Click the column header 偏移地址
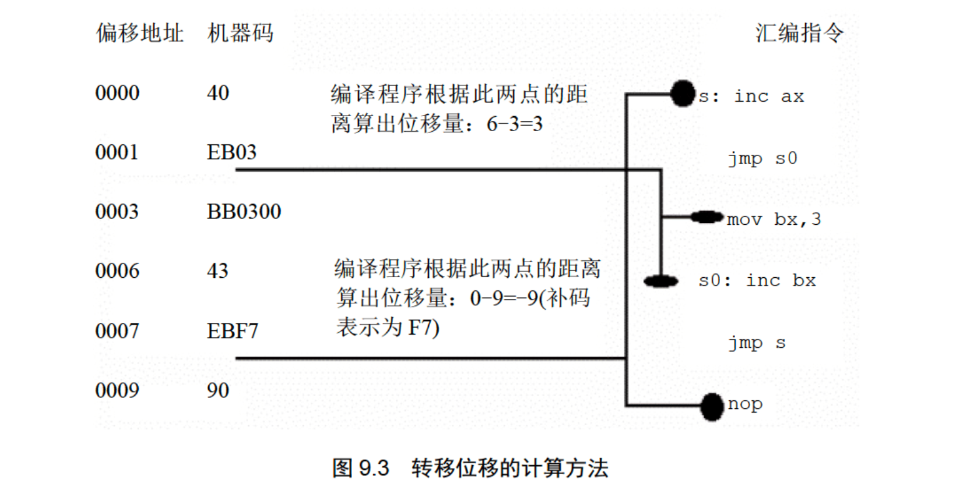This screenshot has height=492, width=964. pyautogui.click(x=139, y=33)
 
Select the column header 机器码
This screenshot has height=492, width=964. pyautogui.click(x=240, y=33)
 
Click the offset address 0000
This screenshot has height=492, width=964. pyautogui.click(x=117, y=93)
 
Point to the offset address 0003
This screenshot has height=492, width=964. pyautogui.click(x=117, y=212)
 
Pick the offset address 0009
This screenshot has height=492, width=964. pyautogui.click(x=117, y=390)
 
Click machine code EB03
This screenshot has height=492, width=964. pyautogui.click(x=231, y=152)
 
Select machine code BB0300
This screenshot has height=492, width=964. pyautogui.click(x=244, y=212)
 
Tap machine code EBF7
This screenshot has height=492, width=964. pyautogui.click(x=232, y=331)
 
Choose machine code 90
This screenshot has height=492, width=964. pyautogui.click(x=218, y=390)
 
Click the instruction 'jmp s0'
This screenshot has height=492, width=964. pyautogui.click(x=763, y=159)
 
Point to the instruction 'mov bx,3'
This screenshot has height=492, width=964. pyautogui.click(x=774, y=220)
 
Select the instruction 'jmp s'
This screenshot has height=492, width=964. pyautogui.click(x=756, y=343)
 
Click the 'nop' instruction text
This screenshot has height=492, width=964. pyautogui.click(x=745, y=404)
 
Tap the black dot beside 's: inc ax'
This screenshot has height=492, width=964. pyautogui.click(x=683, y=94)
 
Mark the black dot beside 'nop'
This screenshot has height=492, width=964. pyautogui.click(x=711, y=406)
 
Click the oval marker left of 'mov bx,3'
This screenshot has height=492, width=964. pyautogui.click(x=706, y=217)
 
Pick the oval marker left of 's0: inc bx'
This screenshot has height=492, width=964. pyautogui.click(x=661, y=282)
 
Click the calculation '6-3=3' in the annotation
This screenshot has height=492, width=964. pyautogui.click(x=515, y=124)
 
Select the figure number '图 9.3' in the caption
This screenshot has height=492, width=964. pyautogui.click(x=361, y=468)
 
